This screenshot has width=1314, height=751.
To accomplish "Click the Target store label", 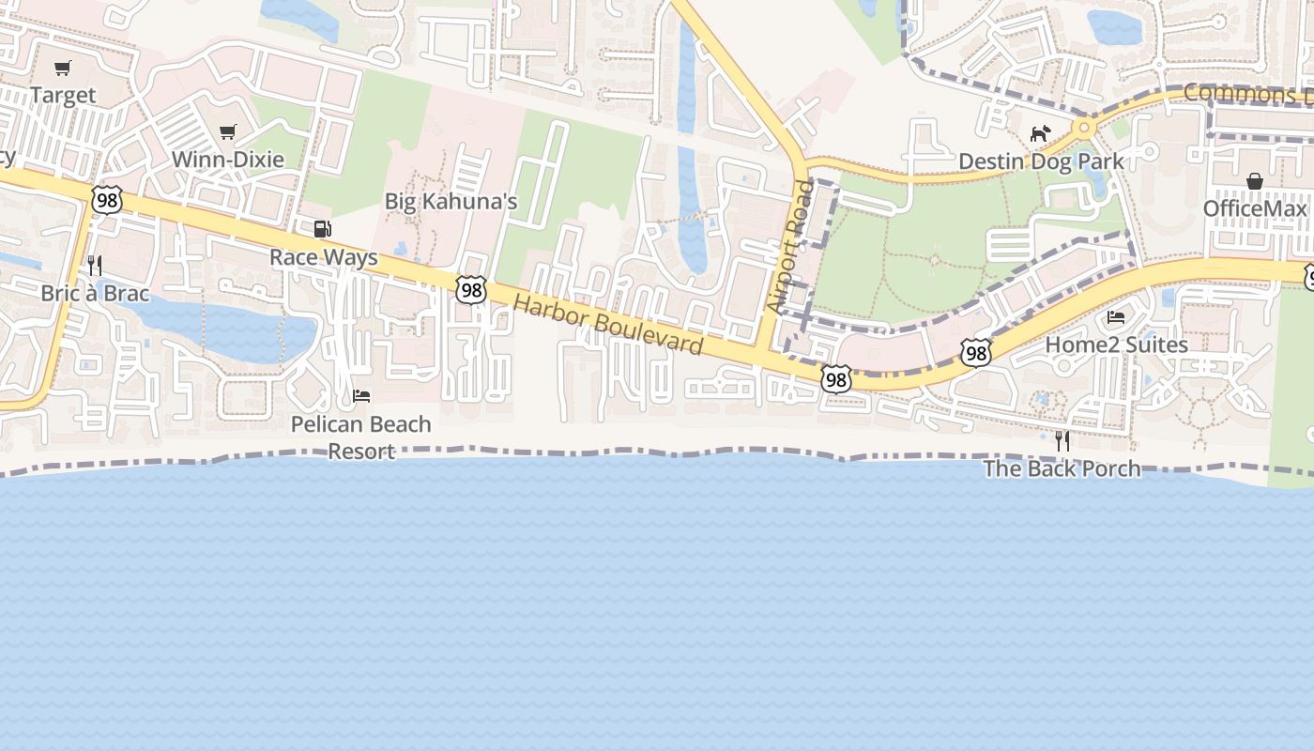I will coord(63,95).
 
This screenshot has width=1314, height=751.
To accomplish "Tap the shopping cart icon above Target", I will coord(63,68).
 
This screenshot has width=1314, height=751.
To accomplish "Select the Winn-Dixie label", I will coord(227,159).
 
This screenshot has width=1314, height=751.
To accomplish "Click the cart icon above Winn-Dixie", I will coord(227,131).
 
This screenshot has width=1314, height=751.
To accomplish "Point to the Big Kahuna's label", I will coord(451,201).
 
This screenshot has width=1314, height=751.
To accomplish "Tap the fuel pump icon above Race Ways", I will coord(322,229).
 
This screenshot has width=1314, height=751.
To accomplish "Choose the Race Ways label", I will coord(323,257).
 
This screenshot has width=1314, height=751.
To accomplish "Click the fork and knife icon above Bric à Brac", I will coord(94,266).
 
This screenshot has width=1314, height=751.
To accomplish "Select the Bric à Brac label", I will coord(95,293).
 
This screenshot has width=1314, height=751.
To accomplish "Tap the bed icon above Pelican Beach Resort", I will coord(361,395).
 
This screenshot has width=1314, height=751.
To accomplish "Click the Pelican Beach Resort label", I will coord(361,437).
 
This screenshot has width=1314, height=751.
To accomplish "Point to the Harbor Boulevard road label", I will coord(608,325).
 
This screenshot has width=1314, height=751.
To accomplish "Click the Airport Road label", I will coord(788,247).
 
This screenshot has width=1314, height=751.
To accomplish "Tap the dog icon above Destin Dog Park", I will coord(1040,133).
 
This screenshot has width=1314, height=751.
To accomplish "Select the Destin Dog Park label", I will coord(1041,161).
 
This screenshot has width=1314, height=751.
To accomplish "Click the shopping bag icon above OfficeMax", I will coord(1255,180).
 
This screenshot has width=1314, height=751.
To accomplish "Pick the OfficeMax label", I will coord(1255,207).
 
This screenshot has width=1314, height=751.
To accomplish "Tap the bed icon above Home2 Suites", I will coord(1116,316).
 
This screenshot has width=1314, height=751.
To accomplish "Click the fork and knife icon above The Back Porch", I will coord(1062,440).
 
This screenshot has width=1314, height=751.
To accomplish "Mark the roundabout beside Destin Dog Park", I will coord(1084,126).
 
